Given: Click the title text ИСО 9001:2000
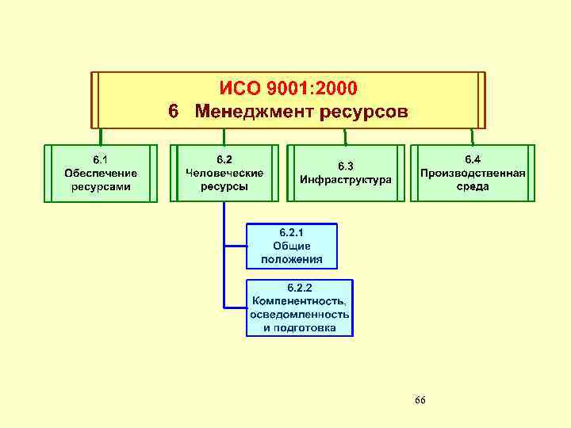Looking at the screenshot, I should click(288, 86).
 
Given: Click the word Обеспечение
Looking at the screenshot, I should click(100, 173).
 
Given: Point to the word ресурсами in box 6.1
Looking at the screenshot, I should click(100, 187).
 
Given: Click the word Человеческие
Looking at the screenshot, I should click(224, 173).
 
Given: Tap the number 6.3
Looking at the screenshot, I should click(346, 166).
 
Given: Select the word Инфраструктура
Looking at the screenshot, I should click(346, 180).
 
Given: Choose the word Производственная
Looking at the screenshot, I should click(473, 173).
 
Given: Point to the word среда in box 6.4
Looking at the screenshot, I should click(473, 187).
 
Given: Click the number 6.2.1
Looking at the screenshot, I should click(291, 232).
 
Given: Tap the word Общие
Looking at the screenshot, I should click(291, 246).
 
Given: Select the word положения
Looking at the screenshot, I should click(291, 259).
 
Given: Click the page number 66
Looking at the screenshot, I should click(420, 400).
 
